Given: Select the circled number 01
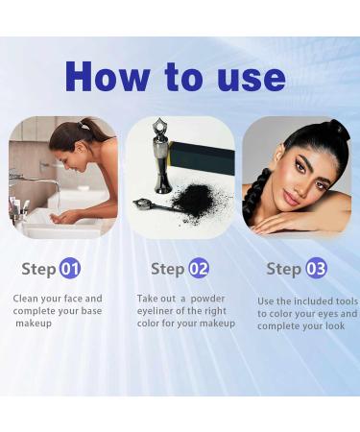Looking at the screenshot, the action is (70, 268).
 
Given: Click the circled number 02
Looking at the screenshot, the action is (199, 268).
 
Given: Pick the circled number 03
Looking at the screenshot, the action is (316, 268).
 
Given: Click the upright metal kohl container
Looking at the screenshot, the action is (160, 156).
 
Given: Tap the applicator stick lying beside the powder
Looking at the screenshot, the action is (154, 204).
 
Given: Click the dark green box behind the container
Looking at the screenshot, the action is (203, 157).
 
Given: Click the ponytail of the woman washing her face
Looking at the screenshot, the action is (89, 127).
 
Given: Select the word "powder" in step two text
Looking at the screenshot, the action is (207, 299).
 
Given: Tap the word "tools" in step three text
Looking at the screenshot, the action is (347, 301).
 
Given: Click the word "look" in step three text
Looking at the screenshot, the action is (335, 326).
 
